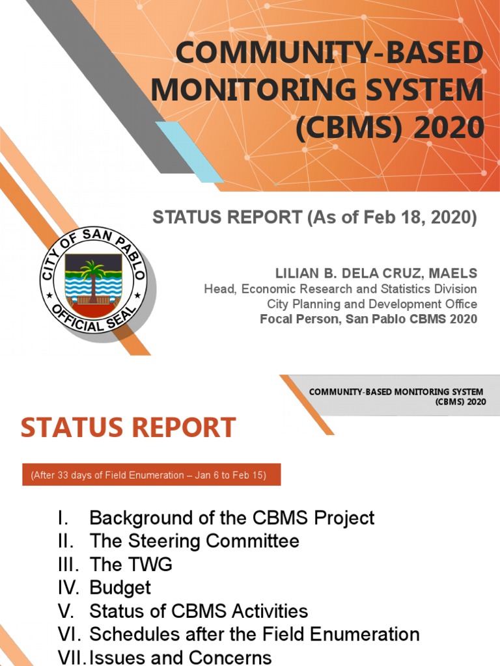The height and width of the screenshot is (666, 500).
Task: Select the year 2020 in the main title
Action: tap(446, 127)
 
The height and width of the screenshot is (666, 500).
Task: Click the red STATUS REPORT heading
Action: tap(128, 427)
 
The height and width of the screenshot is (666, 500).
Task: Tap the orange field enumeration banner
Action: tap(148, 475)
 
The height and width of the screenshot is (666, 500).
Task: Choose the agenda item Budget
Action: tap(120, 588)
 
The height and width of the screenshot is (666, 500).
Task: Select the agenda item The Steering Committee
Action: tap(194, 541)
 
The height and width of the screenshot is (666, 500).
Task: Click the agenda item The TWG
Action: tap(131, 565)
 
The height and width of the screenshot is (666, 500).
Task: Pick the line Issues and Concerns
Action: tap(180, 657)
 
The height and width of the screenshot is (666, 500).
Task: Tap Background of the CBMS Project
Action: tap(232, 518)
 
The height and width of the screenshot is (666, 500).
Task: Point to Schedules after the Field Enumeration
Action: tap(254, 634)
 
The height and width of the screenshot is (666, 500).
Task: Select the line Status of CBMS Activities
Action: tap(199, 611)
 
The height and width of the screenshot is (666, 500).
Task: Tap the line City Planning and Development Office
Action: tap(372, 304)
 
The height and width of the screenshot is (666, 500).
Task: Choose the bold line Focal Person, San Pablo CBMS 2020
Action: tap(368, 319)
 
